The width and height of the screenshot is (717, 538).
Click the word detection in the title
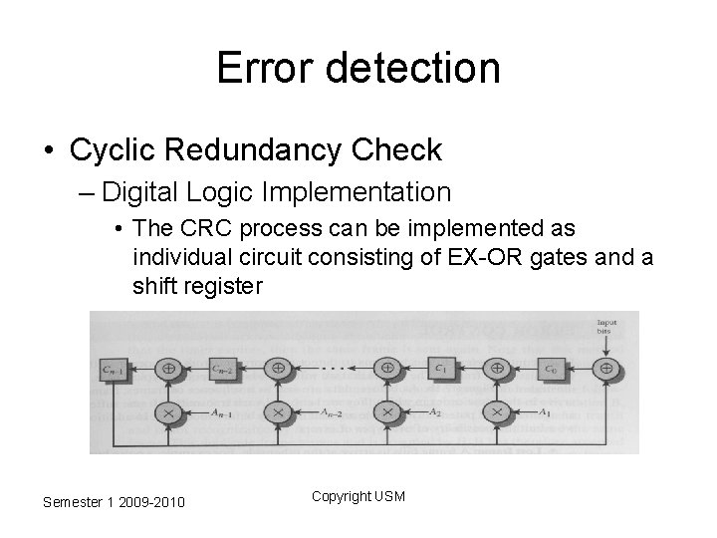407,68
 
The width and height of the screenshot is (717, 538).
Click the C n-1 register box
112,368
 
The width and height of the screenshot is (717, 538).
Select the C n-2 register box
222,368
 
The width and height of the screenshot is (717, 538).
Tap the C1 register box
440,368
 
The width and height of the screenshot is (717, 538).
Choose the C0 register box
550,368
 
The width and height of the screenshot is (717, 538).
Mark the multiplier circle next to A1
496,411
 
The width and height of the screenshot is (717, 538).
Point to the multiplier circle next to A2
386,411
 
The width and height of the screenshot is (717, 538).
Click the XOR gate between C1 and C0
496,368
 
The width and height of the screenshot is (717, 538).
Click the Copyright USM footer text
358,496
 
